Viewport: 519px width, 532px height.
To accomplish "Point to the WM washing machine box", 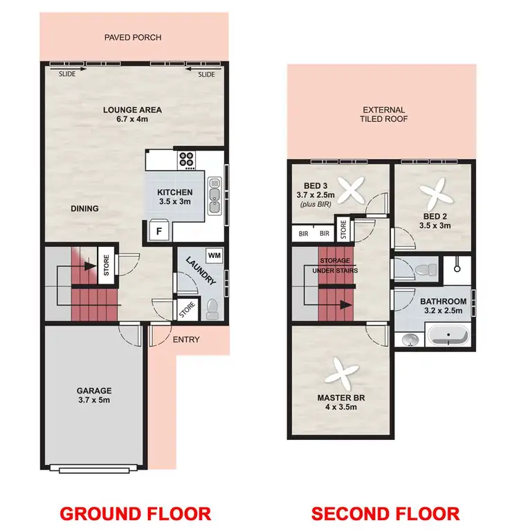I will click(214, 255).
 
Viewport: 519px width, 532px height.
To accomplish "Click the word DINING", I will click(84, 208).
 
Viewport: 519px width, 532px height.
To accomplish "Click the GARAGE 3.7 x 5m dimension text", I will click(94, 400).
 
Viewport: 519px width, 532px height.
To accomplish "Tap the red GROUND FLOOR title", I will click(135, 513).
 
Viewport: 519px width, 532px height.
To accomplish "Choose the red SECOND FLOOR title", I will click(385, 513).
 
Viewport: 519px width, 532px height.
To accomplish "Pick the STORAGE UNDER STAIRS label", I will click(338, 265).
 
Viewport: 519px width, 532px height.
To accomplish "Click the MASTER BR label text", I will click(340, 398).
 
